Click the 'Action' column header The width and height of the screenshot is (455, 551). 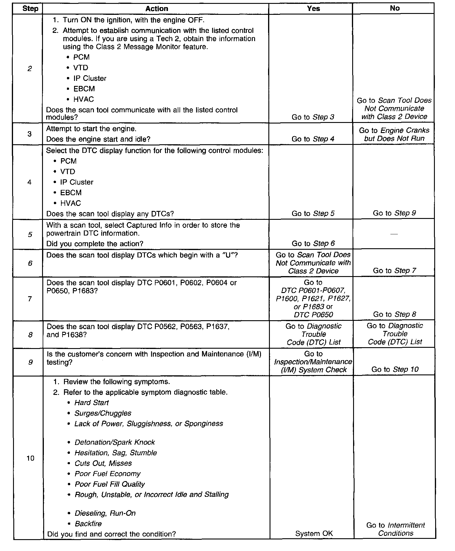coord(157,9)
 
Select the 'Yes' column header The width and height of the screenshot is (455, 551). coord(313,9)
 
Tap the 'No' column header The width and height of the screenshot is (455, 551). coord(395,8)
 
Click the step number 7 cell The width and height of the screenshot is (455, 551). coord(30,299)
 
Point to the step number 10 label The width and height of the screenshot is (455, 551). coord(30,458)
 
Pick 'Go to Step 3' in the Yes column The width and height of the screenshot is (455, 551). coord(313,117)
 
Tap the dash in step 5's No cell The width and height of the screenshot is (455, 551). coord(394,234)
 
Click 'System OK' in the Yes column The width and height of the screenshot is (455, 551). coord(314,534)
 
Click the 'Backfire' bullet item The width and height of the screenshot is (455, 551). coord(88,524)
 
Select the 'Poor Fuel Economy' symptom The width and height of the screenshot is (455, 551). coord(108,474)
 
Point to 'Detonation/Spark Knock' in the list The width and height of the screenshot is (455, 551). coord(115,442)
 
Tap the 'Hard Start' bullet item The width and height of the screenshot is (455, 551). coord(92,403)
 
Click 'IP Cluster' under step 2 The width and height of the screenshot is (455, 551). coord(90,79)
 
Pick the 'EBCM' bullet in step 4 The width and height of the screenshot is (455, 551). coord(71,193)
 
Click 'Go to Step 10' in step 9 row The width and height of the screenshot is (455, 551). coord(395,369)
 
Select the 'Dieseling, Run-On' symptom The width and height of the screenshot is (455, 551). coord(105,513)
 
